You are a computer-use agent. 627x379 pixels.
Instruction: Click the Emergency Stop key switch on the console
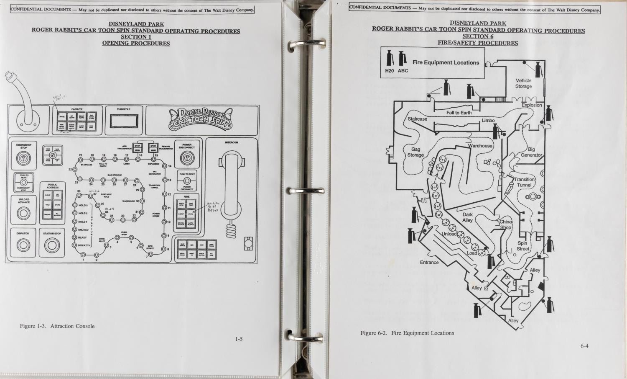pos(24,159)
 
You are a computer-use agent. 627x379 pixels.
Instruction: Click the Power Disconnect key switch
pos(186,158)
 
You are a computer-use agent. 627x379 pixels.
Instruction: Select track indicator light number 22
pos(75,169)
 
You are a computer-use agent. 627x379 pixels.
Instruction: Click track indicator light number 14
pos(164,166)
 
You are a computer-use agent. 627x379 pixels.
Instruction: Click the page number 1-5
pos(239,339)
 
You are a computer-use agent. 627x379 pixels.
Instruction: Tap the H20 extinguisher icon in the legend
pos(390,59)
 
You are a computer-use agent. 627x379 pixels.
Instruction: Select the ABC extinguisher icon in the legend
pos(403,59)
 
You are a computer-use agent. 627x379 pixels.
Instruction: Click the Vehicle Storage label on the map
pos(523,83)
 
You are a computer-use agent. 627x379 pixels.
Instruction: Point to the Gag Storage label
pos(415,152)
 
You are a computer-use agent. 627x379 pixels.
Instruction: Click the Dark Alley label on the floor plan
pos(467,217)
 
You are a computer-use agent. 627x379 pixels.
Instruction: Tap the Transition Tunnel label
pos(524,182)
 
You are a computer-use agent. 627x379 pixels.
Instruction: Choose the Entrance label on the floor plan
pos(429,263)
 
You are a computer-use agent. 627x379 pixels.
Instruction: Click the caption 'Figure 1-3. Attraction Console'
pos(57,326)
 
